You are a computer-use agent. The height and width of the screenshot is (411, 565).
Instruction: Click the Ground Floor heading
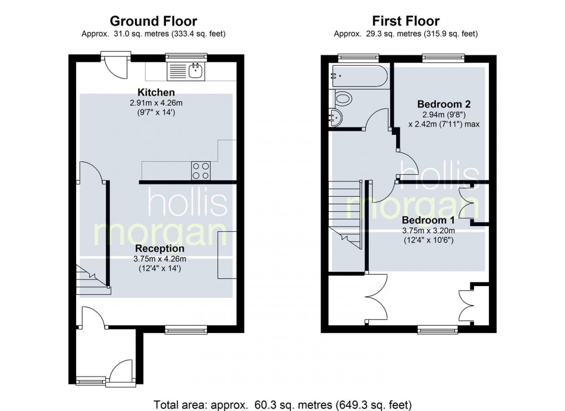pos(153,21)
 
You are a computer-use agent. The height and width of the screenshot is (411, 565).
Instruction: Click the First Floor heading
pos(406,21)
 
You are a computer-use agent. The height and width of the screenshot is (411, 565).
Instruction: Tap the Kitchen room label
pos(156,92)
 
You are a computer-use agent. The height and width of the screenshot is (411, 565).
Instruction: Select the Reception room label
pos(159,249)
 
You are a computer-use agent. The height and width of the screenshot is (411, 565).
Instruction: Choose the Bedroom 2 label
pos(444,104)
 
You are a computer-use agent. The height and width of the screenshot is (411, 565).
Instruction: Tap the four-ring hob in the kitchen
pos(201,171)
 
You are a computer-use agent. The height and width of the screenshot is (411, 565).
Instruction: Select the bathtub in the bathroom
pos(358,76)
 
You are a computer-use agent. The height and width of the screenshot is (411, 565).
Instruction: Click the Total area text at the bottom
pos(282,404)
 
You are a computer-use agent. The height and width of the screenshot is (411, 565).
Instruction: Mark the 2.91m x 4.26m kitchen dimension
pos(156,103)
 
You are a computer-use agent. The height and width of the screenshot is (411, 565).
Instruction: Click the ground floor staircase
pos(92,280)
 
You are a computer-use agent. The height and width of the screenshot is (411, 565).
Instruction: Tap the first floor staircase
pos(345,211)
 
